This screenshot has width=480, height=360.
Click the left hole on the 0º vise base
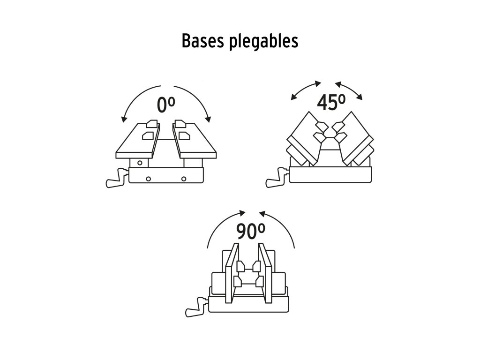point(148,178)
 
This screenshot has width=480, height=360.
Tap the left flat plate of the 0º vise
point(136,141)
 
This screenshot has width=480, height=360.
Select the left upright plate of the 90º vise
point(231,274)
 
